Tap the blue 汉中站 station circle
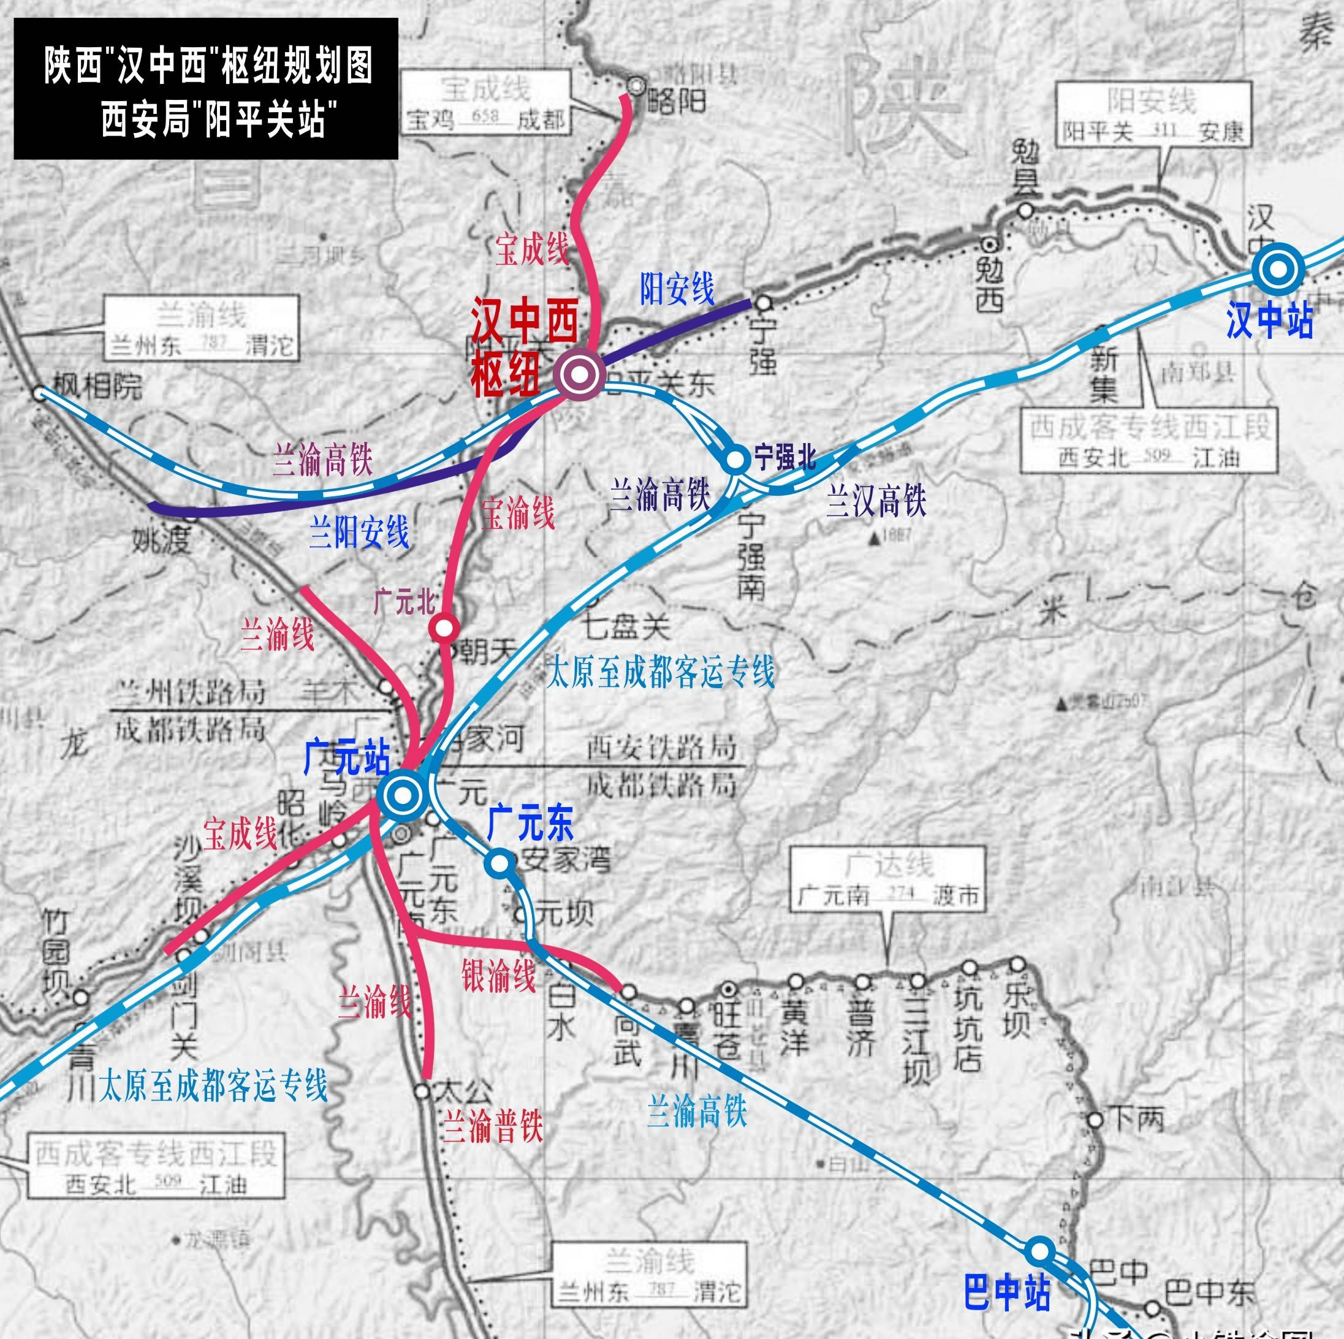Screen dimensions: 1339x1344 [x=1278, y=268]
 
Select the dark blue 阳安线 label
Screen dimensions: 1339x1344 [x=677, y=288]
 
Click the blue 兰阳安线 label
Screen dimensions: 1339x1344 [x=359, y=532]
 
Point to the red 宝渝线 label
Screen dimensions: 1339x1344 [x=518, y=513]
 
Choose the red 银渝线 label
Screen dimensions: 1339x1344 [x=499, y=974]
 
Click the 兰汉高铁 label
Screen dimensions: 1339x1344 [x=876, y=500]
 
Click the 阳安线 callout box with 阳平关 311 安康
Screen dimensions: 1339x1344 [x=1153, y=114]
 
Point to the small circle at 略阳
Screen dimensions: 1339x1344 [x=635, y=85]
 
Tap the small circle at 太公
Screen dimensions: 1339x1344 [x=422, y=1091]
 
